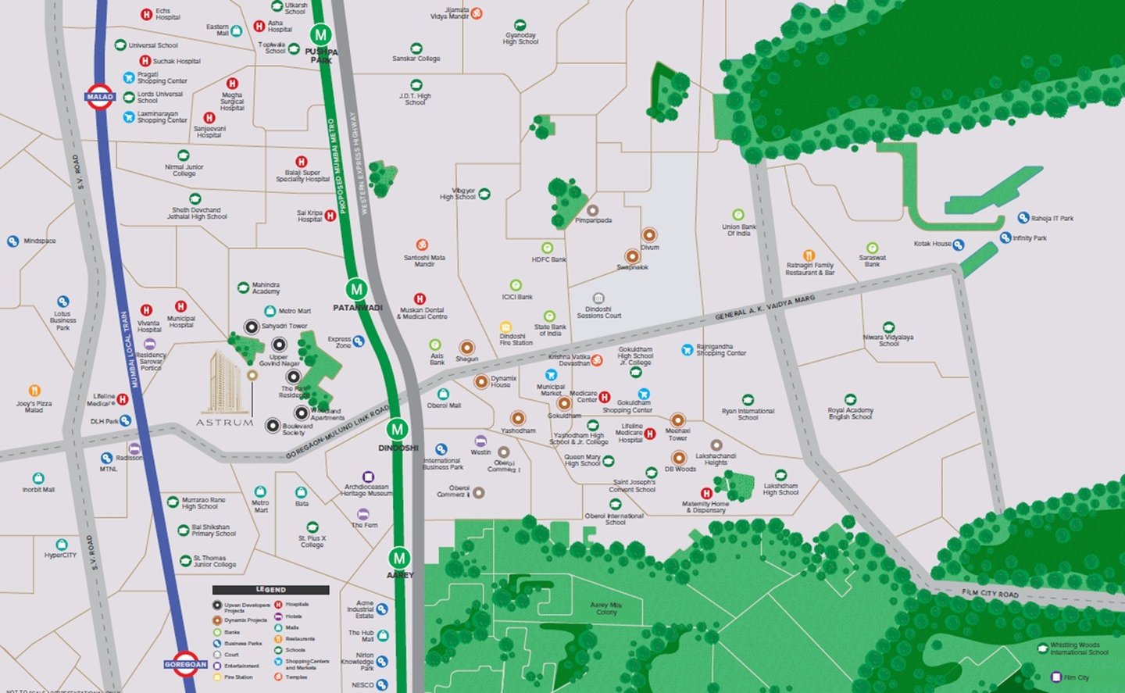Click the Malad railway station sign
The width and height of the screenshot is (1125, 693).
click(x=99, y=97)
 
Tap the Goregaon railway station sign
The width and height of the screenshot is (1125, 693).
click(x=185, y=664)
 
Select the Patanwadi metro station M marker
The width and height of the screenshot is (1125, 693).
click(x=357, y=289)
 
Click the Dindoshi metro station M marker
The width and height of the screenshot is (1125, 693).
click(x=398, y=429)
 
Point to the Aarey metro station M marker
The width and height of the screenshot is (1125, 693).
click(x=399, y=558)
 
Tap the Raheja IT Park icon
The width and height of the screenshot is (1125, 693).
click(x=1023, y=218)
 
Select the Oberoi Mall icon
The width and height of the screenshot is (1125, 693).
click(x=443, y=394)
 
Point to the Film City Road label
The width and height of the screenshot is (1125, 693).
click(x=990, y=594)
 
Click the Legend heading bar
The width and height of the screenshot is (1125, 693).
click(x=270, y=590)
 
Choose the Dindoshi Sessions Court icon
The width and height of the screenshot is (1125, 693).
click(x=598, y=298)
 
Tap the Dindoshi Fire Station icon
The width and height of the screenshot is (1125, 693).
click(x=505, y=327)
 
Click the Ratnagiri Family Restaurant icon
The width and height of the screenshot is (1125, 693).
click(x=809, y=255)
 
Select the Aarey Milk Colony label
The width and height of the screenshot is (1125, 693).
click(x=606, y=609)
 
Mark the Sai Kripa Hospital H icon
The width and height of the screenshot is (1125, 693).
click(x=330, y=216)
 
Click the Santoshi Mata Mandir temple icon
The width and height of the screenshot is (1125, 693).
click(x=422, y=245)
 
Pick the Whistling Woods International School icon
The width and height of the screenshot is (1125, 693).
click(x=1042, y=648)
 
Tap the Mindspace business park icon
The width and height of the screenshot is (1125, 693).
click(x=12, y=241)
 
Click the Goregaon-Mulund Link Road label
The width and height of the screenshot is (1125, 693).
click(x=337, y=432)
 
